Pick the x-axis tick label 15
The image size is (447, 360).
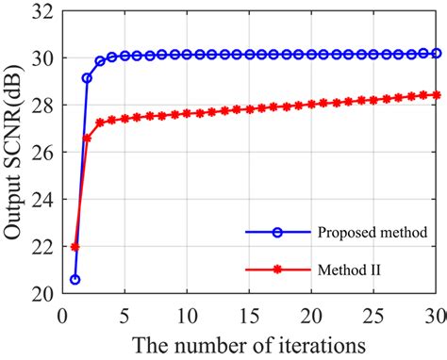click(x=250, y=311)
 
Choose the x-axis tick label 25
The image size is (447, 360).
click(x=374, y=311)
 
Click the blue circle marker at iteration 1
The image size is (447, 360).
click(x=74, y=280)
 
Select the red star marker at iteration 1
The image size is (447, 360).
click(x=74, y=247)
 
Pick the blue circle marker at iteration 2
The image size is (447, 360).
click(x=87, y=78)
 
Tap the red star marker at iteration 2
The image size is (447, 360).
click(x=87, y=138)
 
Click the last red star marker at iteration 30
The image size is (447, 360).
click(x=437, y=94)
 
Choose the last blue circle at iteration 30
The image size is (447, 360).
click(x=437, y=54)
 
